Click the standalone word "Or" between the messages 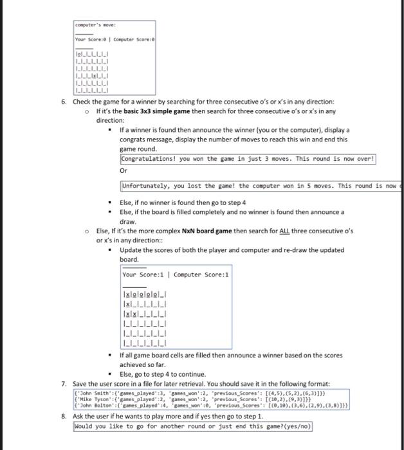pyautogui.click(x=124, y=171)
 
